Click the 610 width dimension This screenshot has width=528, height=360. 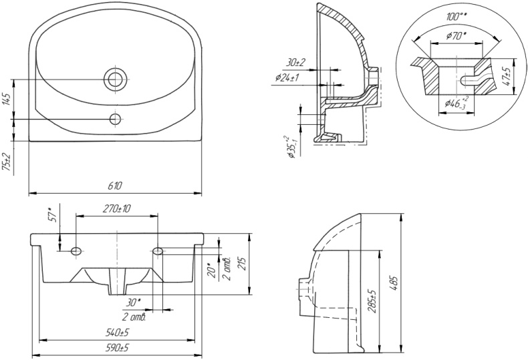pos(115,185)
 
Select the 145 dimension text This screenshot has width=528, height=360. pos(7,101)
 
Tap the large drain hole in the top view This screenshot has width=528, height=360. pos(115,79)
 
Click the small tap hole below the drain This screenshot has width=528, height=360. pos(115,120)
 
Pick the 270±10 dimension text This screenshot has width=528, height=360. pos(117,209)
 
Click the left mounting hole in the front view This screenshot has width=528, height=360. pos(76,250)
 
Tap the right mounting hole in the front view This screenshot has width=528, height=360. pos(158,250)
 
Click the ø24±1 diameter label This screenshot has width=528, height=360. pos(288,78)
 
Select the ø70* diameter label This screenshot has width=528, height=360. pos(456,37)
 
